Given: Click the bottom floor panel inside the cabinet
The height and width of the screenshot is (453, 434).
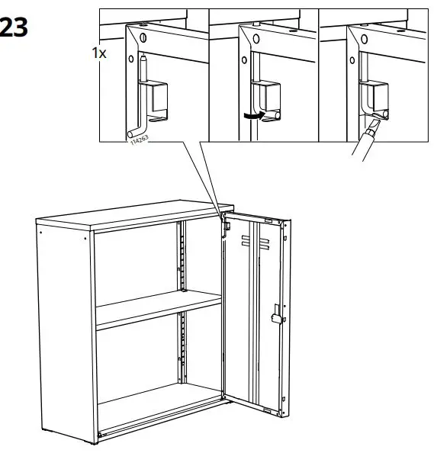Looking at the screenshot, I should point(160,416).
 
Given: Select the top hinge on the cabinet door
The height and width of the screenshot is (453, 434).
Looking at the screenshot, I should point(226,223).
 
